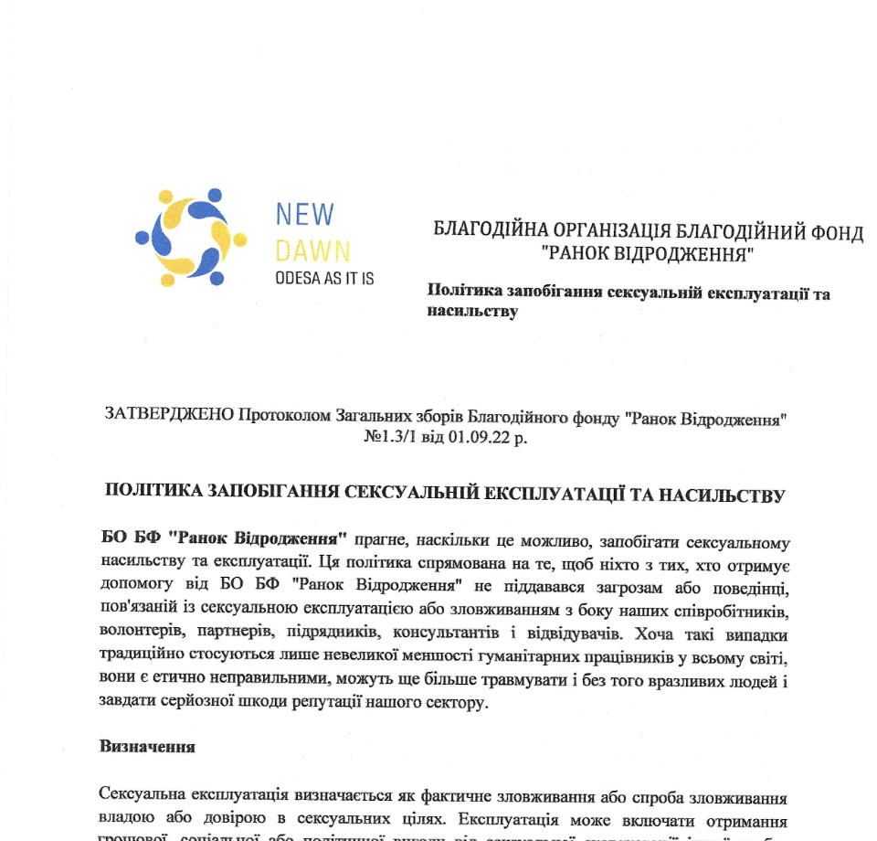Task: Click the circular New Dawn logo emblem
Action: click(191, 237)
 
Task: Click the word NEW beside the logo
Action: click(305, 214)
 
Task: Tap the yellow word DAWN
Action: click(312, 249)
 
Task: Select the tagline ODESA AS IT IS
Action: click(324, 278)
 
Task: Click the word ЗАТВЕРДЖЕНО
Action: click(170, 419)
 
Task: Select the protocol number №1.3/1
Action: click(391, 437)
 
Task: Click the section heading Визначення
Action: click(147, 746)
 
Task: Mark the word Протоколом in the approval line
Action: click(280, 419)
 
